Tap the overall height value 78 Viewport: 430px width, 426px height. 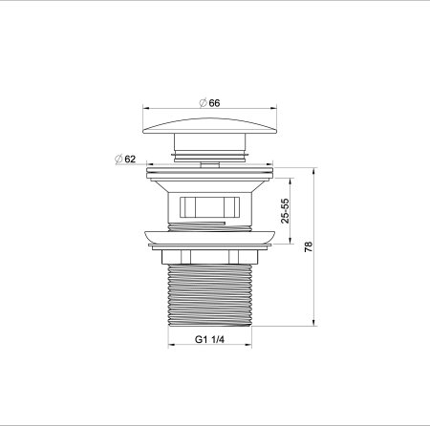(308, 246)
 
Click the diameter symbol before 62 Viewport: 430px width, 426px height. (118, 159)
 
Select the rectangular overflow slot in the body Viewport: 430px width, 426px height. (208, 204)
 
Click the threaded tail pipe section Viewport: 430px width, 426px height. (208, 296)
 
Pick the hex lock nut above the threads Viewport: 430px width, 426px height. (208, 256)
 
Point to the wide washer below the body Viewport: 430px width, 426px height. (208, 239)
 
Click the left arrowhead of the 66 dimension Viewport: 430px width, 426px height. (146, 108)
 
